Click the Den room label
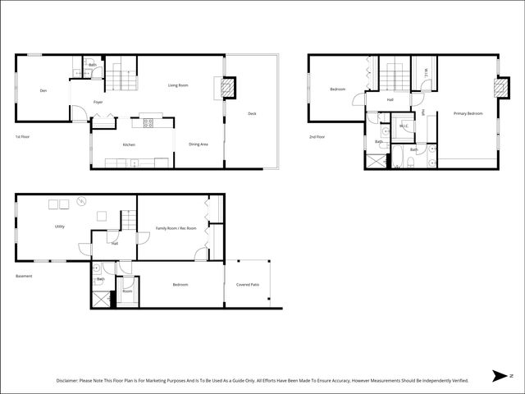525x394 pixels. point(43,91)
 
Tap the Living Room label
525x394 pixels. point(179,85)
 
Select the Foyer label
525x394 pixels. point(98,103)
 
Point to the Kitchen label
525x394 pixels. point(129,145)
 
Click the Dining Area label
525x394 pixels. point(199,144)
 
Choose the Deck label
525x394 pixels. point(252,114)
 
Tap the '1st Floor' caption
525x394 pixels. point(23,136)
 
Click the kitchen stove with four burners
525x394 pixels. point(149,124)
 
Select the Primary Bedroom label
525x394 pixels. point(468,114)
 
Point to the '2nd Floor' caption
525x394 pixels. point(317,136)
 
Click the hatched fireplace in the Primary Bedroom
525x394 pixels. point(499,88)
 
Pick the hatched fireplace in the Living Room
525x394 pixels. point(229,87)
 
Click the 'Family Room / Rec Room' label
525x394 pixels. point(176,228)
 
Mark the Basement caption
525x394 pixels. point(25,276)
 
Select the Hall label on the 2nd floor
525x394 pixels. point(390,100)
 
